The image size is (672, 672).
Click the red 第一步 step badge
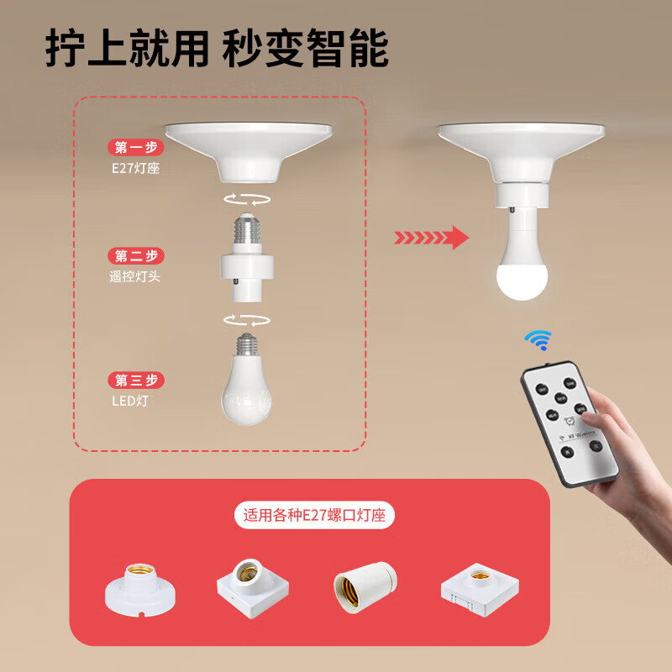(x=135, y=148)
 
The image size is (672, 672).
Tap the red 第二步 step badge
(x=135, y=256)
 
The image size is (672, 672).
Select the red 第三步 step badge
(x=135, y=381)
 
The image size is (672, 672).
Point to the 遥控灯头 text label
(x=134, y=276)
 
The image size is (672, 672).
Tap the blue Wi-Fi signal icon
(x=537, y=339)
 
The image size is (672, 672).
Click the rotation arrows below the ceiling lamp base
(x=247, y=198)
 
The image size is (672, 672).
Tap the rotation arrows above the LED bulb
(x=247, y=319)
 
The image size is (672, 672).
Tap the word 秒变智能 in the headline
(x=305, y=50)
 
